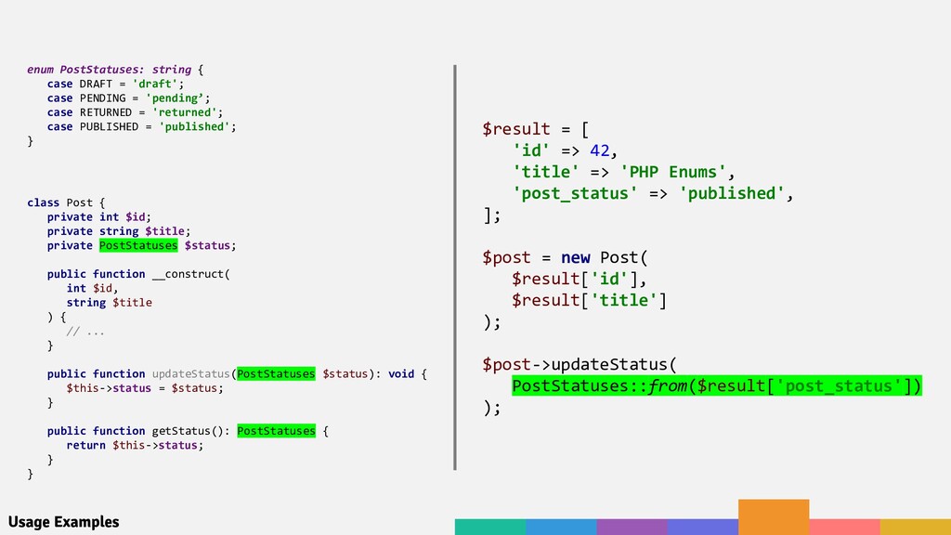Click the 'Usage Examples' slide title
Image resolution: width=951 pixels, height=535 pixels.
pyautogui.click(x=63, y=522)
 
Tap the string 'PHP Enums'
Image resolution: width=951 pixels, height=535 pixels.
pyautogui.click(x=674, y=172)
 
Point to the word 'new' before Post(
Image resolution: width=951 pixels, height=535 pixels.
pyautogui.click(x=575, y=257)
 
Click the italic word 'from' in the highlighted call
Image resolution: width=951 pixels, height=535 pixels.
pyautogui.click(x=665, y=385)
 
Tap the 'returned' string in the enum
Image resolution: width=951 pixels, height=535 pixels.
pyautogui.click(x=187, y=112)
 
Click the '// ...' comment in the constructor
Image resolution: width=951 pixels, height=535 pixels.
pyautogui.click(x=85, y=331)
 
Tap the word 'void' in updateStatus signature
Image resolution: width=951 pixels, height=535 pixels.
pyautogui.click(x=401, y=373)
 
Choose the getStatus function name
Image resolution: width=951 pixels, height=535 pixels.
pyautogui.click(x=179, y=431)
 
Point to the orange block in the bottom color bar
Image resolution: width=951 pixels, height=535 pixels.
pyautogui.click(x=774, y=516)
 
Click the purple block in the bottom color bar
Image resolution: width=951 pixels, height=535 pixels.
pyautogui.click(x=632, y=527)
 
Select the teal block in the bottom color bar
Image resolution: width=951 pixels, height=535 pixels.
pyautogui.click(x=489, y=527)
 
